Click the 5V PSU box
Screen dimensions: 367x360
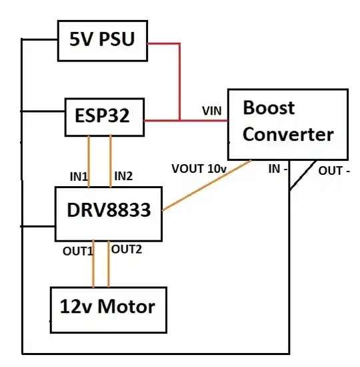pyautogui.click(x=102, y=39)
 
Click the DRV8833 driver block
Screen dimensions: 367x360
pyautogui.click(x=109, y=212)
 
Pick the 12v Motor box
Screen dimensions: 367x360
pyautogui.click(x=107, y=308)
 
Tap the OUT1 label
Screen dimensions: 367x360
pyautogui.click(x=77, y=250)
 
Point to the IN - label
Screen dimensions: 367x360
pyautogui.click(x=278, y=169)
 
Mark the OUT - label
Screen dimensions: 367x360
pyautogui.click(x=334, y=171)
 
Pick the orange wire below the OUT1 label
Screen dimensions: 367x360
pyautogui.click(x=93, y=270)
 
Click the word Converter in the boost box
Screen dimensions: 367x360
pyautogui.click(x=287, y=135)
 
